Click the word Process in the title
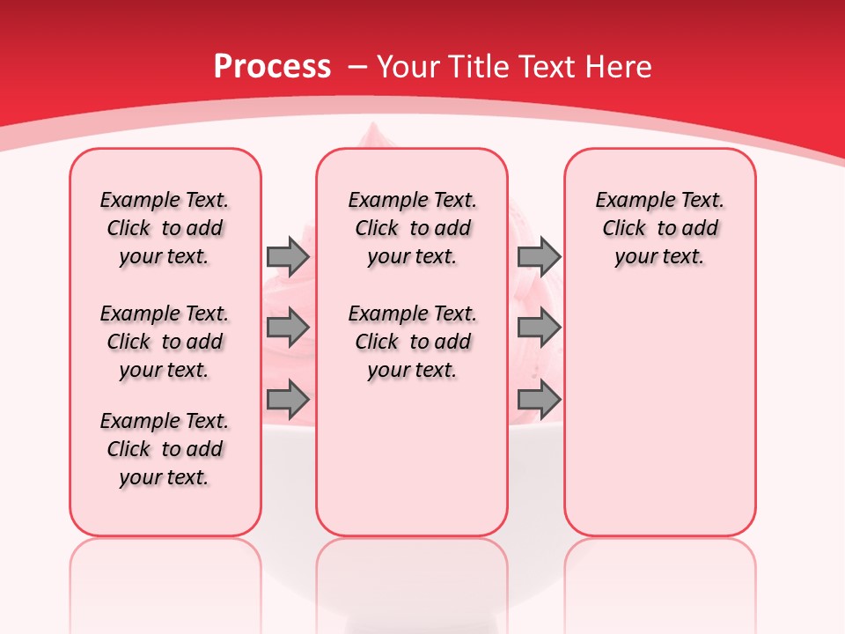(x=272, y=67)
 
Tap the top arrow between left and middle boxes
(x=288, y=256)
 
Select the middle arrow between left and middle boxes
(x=288, y=328)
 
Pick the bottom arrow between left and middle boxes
(x=288, y=401)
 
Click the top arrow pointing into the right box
(x=539, y=256)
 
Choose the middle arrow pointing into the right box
(x=539, y=328)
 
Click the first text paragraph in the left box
(x=165, y=228)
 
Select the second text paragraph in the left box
(x=165, y=342)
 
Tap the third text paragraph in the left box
(x=165, y=449)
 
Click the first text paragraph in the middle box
(x=412, y=228)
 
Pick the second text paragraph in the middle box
(x=412, y=342)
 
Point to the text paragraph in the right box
(x=659, y=228)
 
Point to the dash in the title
(x=356, y=67)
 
